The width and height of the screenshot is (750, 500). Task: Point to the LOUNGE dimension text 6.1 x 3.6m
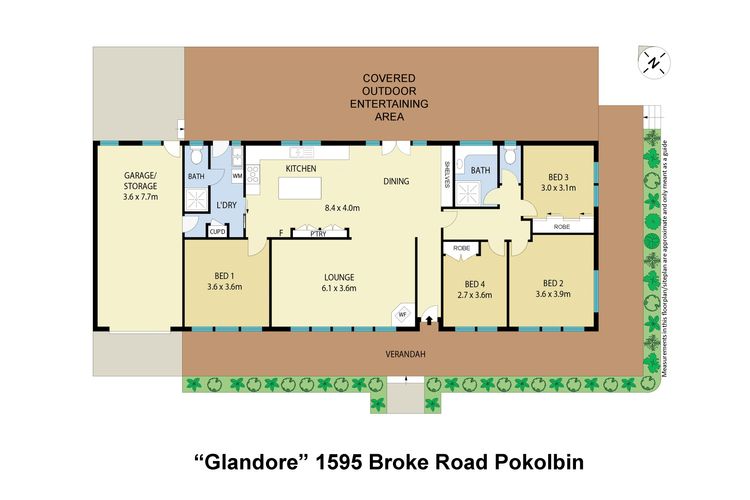tap(339, 288)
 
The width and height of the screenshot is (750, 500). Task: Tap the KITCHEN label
tap(301, 169)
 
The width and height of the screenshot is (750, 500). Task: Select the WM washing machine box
tap(237, 176)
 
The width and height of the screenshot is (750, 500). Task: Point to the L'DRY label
tap(227, 205)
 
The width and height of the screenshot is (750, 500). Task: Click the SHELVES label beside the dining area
tap(447, 174)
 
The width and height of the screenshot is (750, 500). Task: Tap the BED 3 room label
tap(557, 174)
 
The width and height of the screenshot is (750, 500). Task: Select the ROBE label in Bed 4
tap(461, 247)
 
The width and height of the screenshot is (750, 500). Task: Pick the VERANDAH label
tap(405, 353)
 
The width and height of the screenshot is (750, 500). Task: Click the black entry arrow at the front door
tap(429, 321)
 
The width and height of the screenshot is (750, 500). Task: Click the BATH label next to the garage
tap(196, 177)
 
